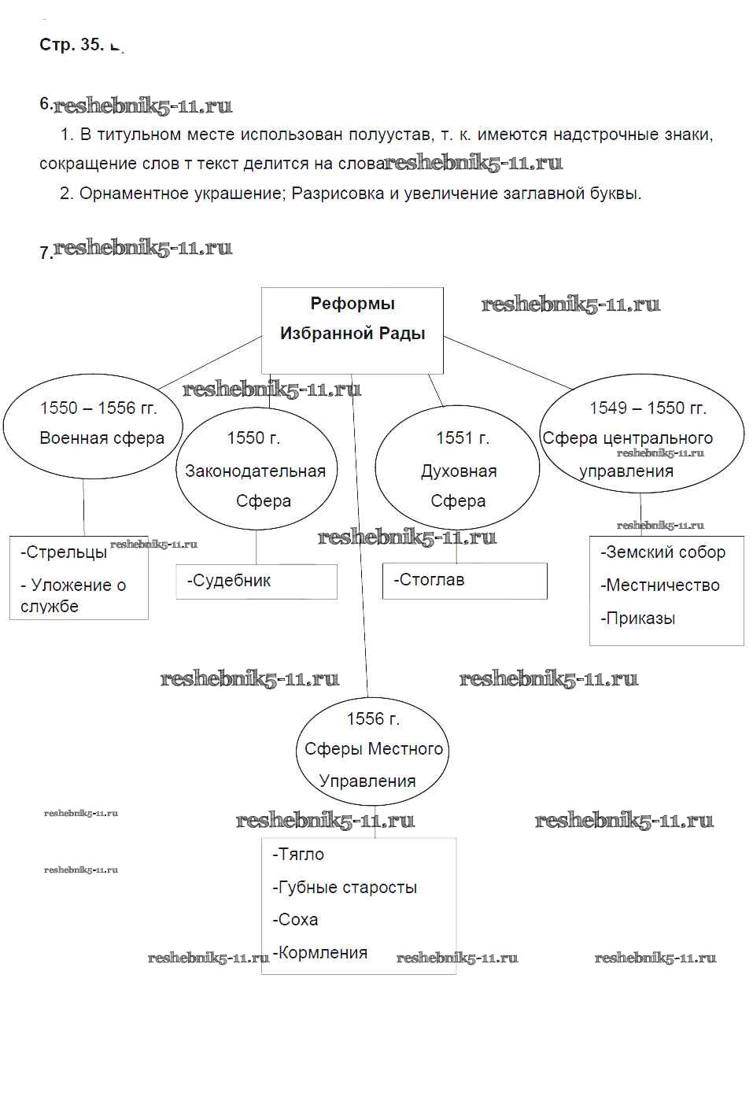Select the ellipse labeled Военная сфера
(x=93, y=426)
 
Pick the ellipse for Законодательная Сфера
(x=256, y=470)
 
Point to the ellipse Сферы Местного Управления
(x=372, y=750)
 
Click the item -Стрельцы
(x=64, y=552)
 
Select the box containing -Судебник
(x=257, y=582)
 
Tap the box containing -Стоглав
(x=464, y=581)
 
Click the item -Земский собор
(x=663, y=552)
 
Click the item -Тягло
(x=298, y=855)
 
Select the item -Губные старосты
(x=345, y=888)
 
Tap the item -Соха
(x=295, y=920)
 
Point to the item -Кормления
(x=320, y=953)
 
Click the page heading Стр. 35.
(x=72, y=45)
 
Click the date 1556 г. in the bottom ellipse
(x=373, y=718)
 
